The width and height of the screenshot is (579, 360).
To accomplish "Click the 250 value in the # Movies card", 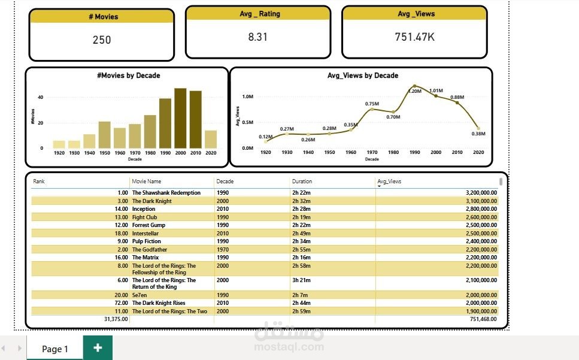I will pos(102,40).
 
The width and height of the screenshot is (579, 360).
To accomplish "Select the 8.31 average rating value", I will pos(257,37).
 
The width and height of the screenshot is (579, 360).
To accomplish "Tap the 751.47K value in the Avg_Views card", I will pos(414,37).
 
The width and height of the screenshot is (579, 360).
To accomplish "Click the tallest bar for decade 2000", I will pos(180,118).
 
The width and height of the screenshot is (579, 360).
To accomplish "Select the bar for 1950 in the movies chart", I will pos(105,135).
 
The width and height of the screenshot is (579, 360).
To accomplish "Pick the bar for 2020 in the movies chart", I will pos(211,139).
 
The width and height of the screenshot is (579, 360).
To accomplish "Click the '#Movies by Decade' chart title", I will pos(128,75).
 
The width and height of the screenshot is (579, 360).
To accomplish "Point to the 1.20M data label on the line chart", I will pos(415,91).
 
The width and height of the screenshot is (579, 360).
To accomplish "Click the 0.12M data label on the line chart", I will pos(265,137).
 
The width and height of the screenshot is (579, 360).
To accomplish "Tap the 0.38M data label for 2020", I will pos(478,134).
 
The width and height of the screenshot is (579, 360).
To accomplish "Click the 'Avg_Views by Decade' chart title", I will pos(362,75).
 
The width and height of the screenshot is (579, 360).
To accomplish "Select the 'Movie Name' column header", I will pos(147,181).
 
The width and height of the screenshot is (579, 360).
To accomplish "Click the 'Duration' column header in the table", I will pos(302,181).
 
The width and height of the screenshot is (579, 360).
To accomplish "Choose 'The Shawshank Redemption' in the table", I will pos(166,193).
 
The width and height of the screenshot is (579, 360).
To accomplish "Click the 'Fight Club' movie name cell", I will pos(144,217).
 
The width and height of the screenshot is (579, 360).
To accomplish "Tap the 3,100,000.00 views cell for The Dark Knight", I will pos(481,201).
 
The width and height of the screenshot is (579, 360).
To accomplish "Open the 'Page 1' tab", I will pos(55,349).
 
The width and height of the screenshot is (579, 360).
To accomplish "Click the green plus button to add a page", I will pos(97,348).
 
